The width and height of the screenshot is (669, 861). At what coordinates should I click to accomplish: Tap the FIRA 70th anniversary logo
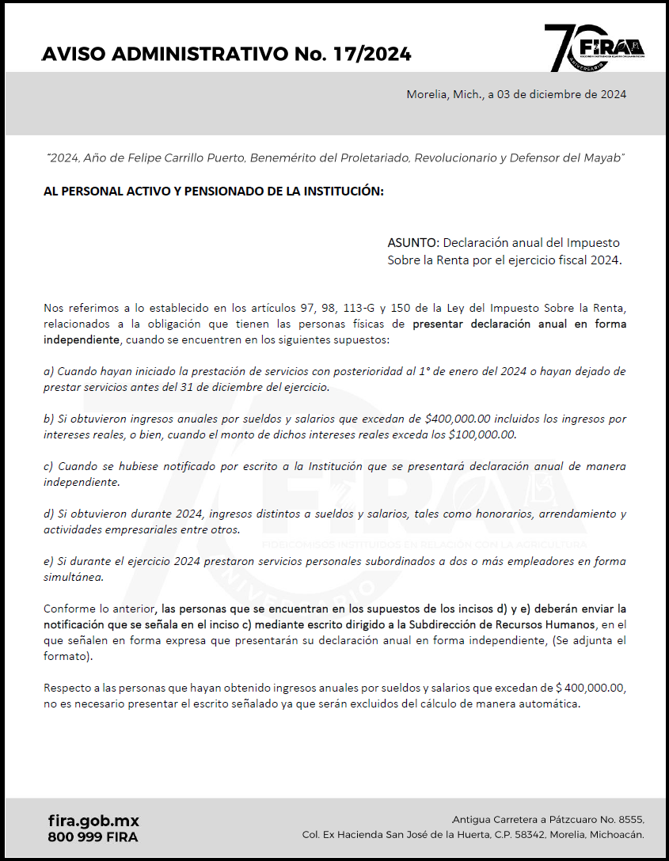[x=594, y=47]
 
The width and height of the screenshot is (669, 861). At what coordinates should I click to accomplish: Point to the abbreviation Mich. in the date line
[x=467, y=94]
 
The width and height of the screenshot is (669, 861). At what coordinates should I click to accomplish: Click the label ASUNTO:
[x=413, y=242]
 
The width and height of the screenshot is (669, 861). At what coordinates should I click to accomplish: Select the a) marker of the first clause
[x=49, y=371]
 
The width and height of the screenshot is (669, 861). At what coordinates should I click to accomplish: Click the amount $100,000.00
[x=481, y=434]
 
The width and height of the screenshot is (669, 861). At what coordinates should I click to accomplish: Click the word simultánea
[x=74, y=577]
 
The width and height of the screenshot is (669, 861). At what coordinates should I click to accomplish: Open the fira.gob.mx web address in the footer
[x=93, y=821]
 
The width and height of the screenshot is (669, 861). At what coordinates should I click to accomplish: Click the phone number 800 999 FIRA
[x=93, y=837]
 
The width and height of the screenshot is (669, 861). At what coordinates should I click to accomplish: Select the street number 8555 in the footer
[x=629, y=819]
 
